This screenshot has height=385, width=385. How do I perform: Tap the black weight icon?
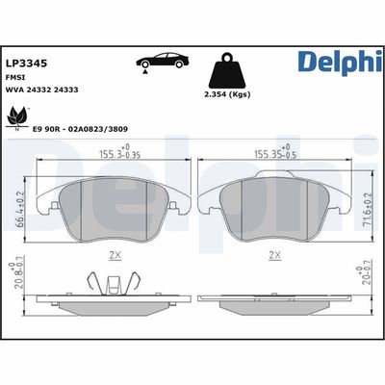[x=228, y=68]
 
